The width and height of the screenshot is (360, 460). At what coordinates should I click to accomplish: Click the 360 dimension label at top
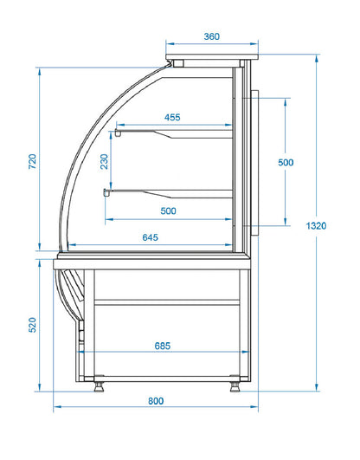[x=211, y=36]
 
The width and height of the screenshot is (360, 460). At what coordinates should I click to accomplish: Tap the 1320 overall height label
[x=316, y=225]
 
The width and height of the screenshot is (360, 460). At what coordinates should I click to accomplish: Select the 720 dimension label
[x=32, y=161]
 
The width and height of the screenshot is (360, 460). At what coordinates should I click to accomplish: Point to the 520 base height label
[x=32, y=325]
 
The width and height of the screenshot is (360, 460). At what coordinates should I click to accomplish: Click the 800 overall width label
[x=156, y=401]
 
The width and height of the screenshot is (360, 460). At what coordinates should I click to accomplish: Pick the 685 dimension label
[x=163, y=346]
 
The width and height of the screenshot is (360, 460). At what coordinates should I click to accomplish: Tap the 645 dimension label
[x=150, y=237]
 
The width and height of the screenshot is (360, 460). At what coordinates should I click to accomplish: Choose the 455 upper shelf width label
[x=172, y=117]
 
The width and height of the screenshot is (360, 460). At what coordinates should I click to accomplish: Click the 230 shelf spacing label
[x=104, y=162]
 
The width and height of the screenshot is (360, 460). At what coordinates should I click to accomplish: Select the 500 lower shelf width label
[x=168, y=211]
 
